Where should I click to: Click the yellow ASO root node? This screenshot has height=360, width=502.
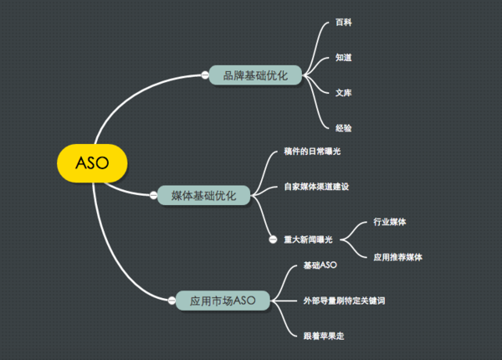click(92, 162)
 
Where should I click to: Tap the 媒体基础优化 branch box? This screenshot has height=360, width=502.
click(203, 195)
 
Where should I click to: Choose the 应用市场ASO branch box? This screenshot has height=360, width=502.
click(222, 300)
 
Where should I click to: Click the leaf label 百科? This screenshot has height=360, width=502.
click(343, 23)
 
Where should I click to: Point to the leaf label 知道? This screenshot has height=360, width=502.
click(343, 58)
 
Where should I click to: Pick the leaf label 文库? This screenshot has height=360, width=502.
click(343, 92)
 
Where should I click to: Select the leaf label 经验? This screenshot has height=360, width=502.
click(343, 127)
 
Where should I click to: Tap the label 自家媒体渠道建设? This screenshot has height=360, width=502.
click(315, 186)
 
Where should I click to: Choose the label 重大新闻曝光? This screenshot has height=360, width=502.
click(308, 239)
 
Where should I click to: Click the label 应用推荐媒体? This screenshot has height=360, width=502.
click(398, 257)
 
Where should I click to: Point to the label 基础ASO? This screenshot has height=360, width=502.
click(320, 265)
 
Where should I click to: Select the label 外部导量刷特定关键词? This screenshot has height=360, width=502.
click(344, 300)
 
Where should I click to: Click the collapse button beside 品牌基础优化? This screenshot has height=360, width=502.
click(204, 75)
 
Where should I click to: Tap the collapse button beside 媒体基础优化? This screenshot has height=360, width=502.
click(153, 195)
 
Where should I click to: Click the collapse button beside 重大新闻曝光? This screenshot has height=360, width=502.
click(273, 239)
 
